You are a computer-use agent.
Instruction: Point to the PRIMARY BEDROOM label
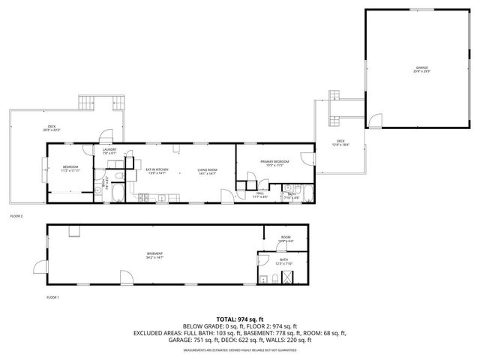(275, 163)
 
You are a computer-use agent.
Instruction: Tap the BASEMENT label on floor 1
(155, 254)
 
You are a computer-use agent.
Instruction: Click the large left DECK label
(52, 127)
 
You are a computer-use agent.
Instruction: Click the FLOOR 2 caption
(16, 216)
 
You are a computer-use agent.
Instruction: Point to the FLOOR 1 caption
(52, 297)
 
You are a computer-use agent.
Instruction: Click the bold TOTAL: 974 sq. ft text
(239, 318)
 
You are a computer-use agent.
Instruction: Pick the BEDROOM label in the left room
(70, 168)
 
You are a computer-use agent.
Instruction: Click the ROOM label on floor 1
(286, 238)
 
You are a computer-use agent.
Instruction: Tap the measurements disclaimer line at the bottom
(239, 349)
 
